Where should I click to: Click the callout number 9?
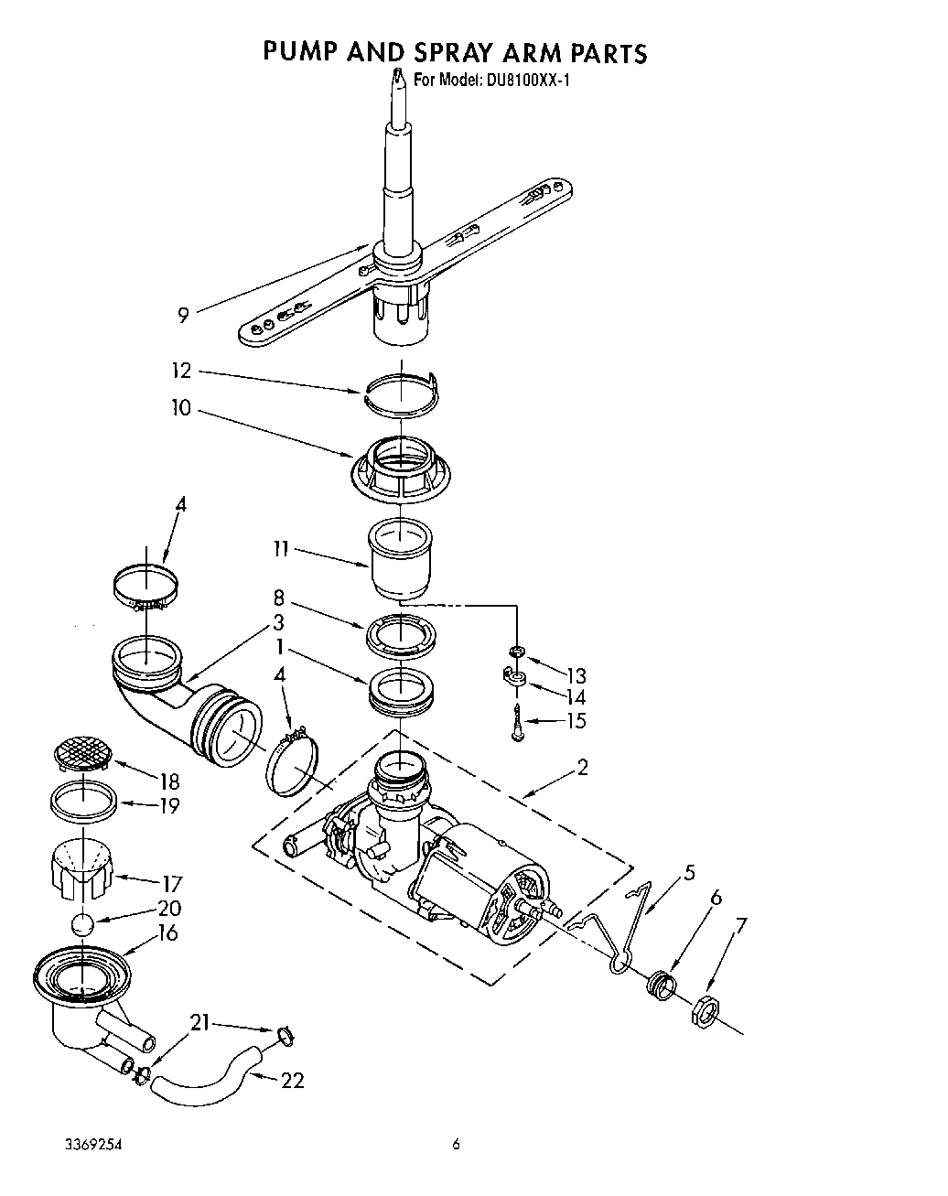[x=183, y=316]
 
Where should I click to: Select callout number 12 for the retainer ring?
[x=182, y=371]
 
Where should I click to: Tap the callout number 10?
[x=181, y=407]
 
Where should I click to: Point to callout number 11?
[x=280, y=549]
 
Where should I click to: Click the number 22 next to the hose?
[x=292, y=1081]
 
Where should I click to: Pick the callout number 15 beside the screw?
[x=575, y=720]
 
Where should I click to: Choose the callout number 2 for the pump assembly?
[x=582, y=767]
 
